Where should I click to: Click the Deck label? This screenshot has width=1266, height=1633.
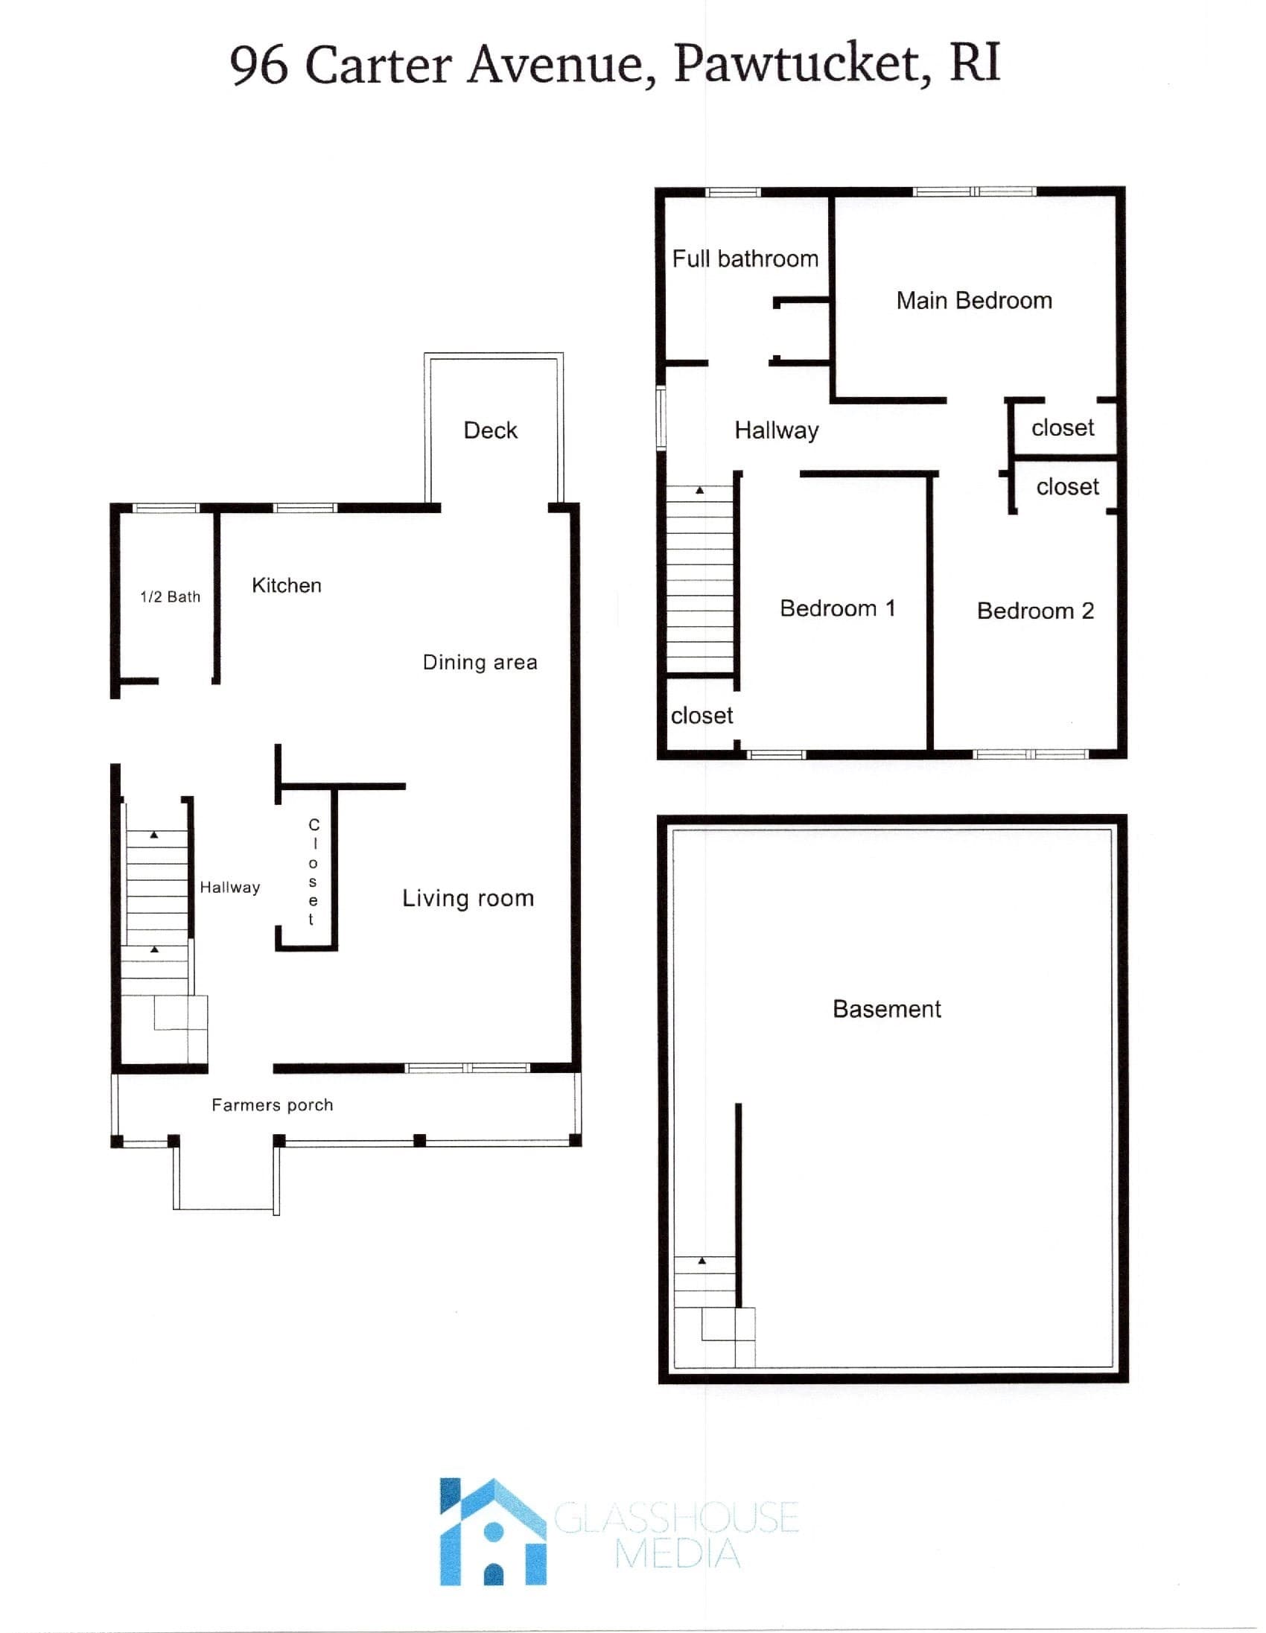pos(491,430)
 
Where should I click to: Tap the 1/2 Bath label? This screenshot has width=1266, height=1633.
pos(171,596)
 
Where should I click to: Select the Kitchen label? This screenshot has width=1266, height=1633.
pos(287,585)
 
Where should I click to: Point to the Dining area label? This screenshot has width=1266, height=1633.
pos(480,663)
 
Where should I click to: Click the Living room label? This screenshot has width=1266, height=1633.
pos(468,897)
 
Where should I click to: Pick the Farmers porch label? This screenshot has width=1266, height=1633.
pos(273,1104)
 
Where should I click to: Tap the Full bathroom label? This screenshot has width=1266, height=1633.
pos(745,258)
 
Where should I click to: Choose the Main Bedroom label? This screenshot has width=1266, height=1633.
pos(974,301)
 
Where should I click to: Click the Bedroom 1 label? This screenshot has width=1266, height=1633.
pos(838,608)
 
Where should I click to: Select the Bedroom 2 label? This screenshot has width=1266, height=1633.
pos(1036,611)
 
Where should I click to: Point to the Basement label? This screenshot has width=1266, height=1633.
pos(887,1009)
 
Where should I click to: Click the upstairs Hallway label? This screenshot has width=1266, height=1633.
pos(777,430)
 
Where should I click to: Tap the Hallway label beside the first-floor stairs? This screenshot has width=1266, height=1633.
pos(229,888)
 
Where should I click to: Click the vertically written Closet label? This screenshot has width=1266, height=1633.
pos(314,872)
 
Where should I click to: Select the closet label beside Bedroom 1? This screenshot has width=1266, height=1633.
pos(702,716)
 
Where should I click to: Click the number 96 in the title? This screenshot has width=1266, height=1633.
pos(258,64)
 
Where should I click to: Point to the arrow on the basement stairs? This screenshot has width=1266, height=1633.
pos(702,1261)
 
